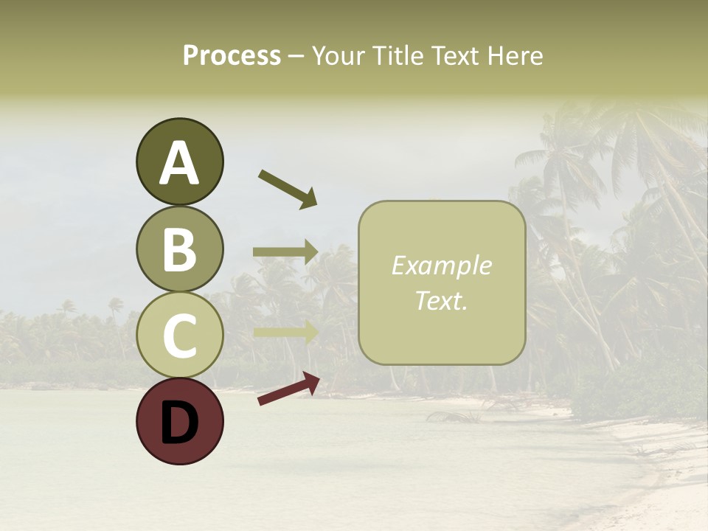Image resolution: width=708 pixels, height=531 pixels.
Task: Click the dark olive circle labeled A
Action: pyautogui.click(x=179, y=162)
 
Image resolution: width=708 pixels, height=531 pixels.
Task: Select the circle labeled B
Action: pyautogui.click(x=179, y=249)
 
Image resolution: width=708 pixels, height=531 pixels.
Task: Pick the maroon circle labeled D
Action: pyautogui.click(x=179, y=421)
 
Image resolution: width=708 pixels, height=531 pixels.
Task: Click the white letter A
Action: pyautogui.click(x=179, y=163)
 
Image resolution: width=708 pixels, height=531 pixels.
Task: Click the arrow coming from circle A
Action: pyautogui.click(x=288, y=188)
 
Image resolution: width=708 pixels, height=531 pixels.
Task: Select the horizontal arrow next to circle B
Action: pyautogui.click(x=285, y=251)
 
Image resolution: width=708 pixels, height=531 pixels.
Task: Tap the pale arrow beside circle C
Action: pyautogui.click(x=285, y=332)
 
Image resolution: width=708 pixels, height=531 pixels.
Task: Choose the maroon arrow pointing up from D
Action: pyautogui.click(x=288, y=389)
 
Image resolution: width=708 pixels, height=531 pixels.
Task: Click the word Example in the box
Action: pyautogui.click(x=441, y=265)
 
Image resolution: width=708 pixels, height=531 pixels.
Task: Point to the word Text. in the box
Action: pyautogui.click(x=441, y=300)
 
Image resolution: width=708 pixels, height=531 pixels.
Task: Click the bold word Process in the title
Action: pyautogui.click(x=232, y=56)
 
